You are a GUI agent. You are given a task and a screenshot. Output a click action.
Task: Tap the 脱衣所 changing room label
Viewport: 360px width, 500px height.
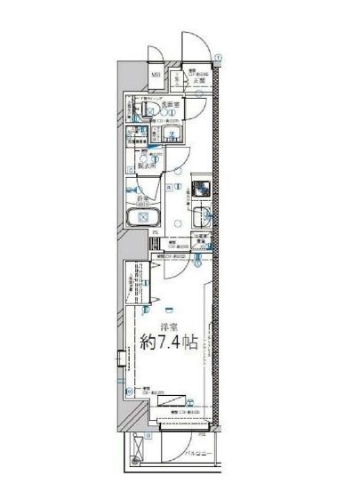tap(147, 165)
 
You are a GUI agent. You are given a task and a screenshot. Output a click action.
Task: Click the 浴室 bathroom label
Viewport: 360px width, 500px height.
tap(141, 198)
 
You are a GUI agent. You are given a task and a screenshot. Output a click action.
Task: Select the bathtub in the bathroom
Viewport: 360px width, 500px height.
tap(142, 221)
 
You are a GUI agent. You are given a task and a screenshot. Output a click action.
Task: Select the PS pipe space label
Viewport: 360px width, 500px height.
tap(155, 238)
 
